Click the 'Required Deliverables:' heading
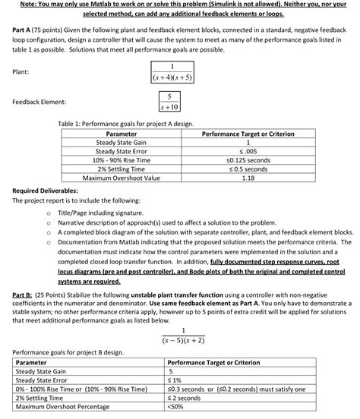click(x=45, y=189)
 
